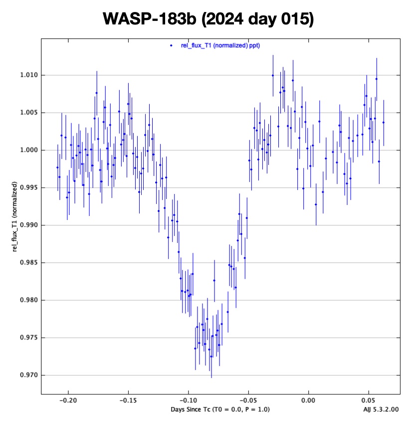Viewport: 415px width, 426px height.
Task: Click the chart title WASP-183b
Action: pos(207,19)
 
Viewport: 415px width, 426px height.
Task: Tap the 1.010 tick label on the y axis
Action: pos(28,75)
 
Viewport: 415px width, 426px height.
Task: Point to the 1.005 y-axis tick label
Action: pos(28,113)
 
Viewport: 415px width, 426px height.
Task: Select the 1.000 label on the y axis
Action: pos(28,150)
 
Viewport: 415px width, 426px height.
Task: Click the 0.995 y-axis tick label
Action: pos(28,188)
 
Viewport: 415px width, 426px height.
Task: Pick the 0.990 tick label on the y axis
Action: pos(28,225)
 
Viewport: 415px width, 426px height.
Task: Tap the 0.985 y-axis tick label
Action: pos(28,262)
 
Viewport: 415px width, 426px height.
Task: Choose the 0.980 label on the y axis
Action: pos(28,300)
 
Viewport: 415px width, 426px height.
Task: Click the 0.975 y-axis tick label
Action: pos(28,338)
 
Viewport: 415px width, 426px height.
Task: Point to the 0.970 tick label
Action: pos(28,375)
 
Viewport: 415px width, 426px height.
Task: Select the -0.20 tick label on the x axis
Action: pos(67,401)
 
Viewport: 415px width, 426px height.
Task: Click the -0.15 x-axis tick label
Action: pos(128,401)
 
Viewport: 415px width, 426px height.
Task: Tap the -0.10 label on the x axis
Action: pos(188,401)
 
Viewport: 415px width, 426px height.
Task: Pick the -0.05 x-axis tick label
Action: pos(248,401)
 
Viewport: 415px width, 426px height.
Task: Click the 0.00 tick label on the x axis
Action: pos(309,401)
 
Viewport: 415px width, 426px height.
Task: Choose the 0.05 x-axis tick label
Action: pos(369,401)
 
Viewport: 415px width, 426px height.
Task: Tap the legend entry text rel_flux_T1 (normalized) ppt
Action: pos(219,45)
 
